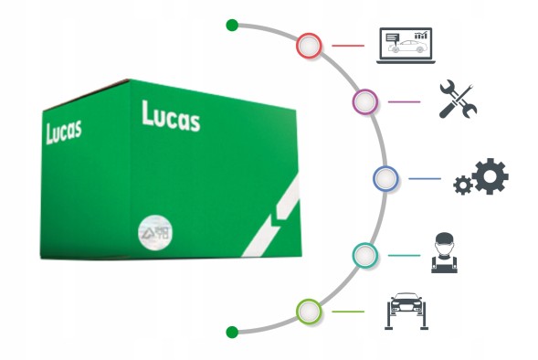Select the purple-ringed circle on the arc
click(x=365, y=101)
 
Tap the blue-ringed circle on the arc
click(x=385, y=178)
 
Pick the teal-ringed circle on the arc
click(x=365, y=255)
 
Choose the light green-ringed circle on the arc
click(x=310, y=311)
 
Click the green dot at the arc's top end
click(x=232, y=25)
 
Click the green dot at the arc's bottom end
click(x=232, y=331)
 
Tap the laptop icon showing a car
click(x=405, y=44)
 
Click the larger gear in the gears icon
click(x=491, y=175)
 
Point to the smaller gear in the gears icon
click(x=463, y=186)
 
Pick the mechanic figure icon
click(x=443, y=253)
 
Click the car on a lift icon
click(x=406, y=311)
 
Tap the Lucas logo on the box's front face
click(x=171, y=116)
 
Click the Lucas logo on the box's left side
click(x=63, y=130)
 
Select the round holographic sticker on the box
click(x=153, y=232)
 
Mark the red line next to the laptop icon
click(x=349, y=44)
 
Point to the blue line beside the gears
click(x=424, y=178)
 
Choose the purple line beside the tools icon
click(x=404, y=101)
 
